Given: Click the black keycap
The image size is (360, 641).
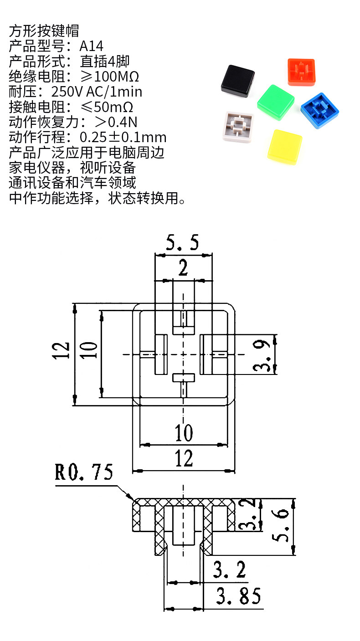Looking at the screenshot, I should [237, 80].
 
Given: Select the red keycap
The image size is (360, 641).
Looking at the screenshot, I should [301, 71].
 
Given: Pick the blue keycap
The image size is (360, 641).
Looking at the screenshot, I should [320, 109].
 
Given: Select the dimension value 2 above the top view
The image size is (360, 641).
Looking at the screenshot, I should [183, 269].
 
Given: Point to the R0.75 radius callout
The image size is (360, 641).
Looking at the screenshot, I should [84, 472].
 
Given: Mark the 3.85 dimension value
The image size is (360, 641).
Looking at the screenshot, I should [238, 595].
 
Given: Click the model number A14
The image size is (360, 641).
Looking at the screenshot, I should [91, 46].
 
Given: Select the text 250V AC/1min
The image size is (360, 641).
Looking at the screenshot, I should [97, 92].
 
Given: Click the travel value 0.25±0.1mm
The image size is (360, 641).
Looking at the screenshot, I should [123, 137].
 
